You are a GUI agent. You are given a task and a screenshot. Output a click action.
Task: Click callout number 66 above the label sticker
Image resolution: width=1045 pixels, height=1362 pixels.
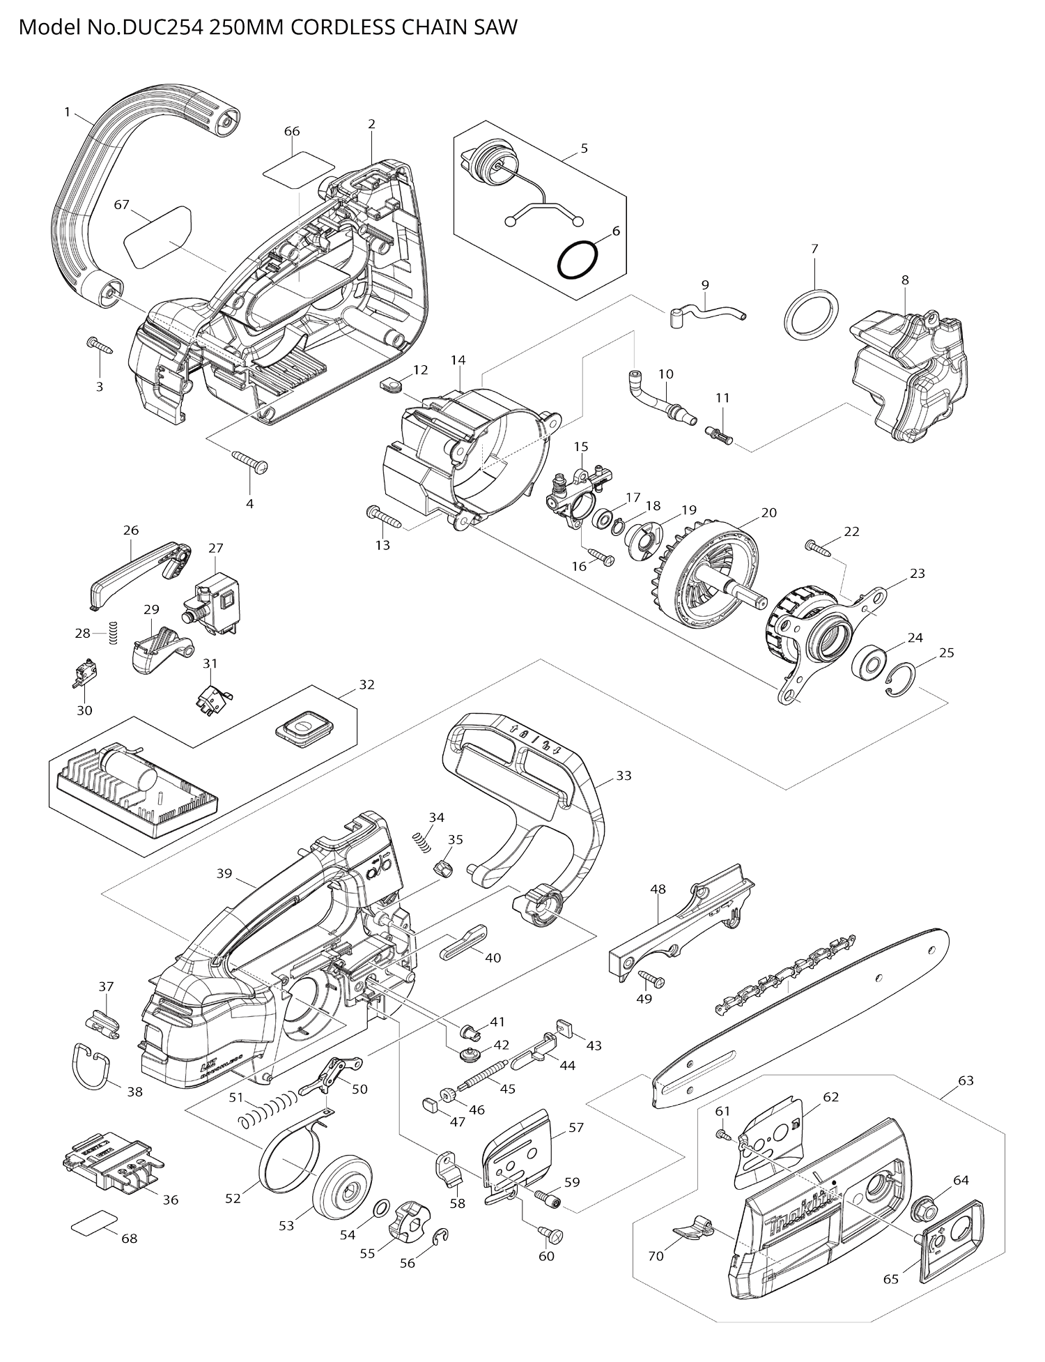292,131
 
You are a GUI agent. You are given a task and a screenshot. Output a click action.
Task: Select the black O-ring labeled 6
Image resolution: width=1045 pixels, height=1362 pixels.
578,259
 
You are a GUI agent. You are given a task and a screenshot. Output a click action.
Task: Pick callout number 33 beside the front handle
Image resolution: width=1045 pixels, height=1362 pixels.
624,775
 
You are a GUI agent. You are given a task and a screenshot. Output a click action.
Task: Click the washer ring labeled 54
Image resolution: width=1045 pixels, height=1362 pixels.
382,1207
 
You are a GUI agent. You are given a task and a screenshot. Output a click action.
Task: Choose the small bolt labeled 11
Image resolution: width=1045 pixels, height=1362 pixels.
720,436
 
